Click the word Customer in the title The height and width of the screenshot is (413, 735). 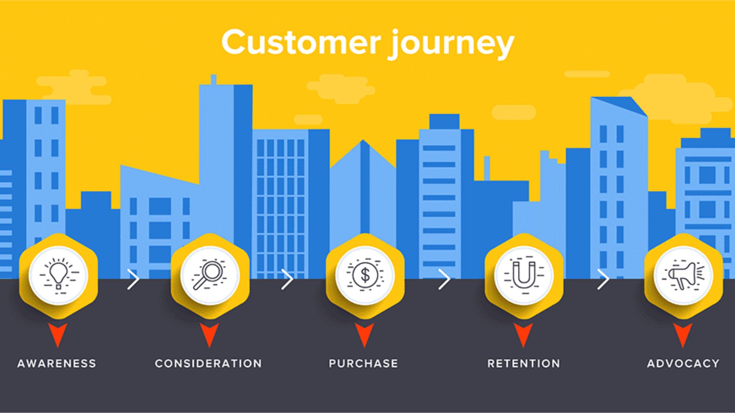click(301, 42)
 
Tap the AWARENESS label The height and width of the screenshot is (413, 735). click(57, 363)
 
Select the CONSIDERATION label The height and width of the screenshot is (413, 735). click(208, 363)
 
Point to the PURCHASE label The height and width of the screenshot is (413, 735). click(363, 363)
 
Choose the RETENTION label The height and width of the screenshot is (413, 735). click(523, 363)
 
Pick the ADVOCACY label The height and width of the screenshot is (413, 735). click(683, 363)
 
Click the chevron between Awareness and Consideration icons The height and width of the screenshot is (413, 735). click(134, 280)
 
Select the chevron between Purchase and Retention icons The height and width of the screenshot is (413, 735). click(444, 280)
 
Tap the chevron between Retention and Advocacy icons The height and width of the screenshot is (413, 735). click(603, 280)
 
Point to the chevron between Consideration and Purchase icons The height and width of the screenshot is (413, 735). click(287, 280)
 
